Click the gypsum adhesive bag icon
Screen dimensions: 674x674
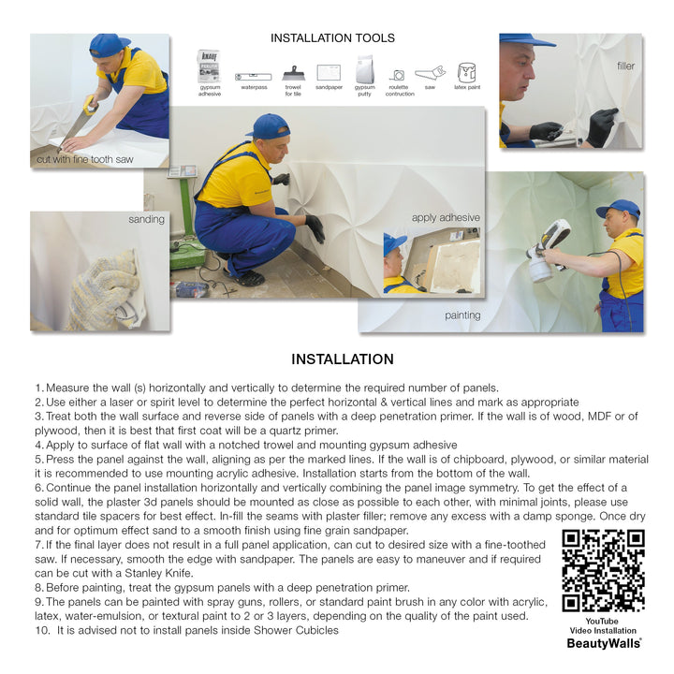(x=208, y=67)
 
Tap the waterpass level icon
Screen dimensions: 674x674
(x=254, y=75)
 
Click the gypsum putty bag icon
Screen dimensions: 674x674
(x=364, y=69)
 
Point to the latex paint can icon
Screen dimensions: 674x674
(x=466, y=72)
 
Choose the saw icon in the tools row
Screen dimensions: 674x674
(x=430, y=73)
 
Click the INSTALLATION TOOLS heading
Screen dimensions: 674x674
(x=332, y=38)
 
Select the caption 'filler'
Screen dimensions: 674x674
(x=625, y=66)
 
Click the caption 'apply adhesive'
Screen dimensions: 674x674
(x=446, y=218)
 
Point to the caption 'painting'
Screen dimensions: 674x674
(x=462, y=316)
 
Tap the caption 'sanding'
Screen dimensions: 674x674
(x=146, y=220)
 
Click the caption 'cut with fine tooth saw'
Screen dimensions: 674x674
(x=84, y=160)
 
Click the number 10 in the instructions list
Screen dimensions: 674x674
(x=40, y=630)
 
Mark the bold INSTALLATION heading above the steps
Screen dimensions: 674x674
(x=342, y=359)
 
